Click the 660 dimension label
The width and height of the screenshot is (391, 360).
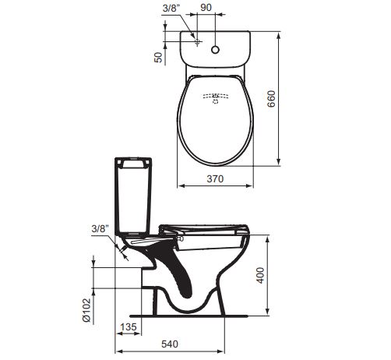pos(272,99)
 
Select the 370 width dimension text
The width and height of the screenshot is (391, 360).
pos(215,179)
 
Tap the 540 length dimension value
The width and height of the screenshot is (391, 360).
pos(170,344)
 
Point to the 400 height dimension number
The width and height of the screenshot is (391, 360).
pos(260,275)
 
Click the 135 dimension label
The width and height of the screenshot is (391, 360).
pos(129,327)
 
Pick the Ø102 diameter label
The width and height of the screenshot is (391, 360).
pos(87,310)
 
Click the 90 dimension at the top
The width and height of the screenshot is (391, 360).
pos(206,8)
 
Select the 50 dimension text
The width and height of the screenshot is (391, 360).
pos(158,57)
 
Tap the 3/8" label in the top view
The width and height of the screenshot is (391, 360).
pos(171,8)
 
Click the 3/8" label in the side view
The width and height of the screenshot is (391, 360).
pos(100,229)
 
